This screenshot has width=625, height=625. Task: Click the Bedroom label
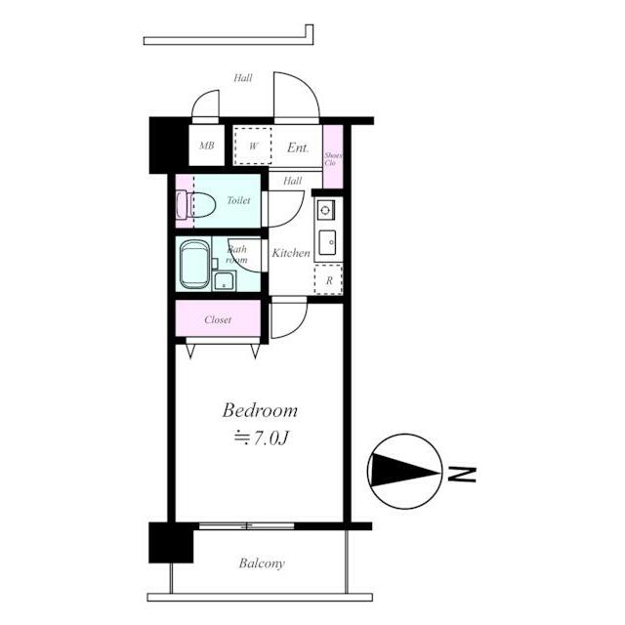coord(260,410)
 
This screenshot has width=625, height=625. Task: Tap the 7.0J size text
coord(261,438)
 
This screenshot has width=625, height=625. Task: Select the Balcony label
coord(262,563)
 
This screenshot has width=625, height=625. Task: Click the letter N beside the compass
coord(462,474)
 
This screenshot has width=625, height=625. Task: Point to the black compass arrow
coord(403,471)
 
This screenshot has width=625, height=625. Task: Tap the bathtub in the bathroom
coord(194,264)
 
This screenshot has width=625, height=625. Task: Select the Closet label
coord(218,319)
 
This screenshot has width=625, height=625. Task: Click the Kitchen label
coord(291,253)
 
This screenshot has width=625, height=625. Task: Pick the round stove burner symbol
coord(325,210)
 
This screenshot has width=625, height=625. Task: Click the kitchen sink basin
coord(328,243)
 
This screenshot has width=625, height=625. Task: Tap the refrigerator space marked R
coord(328,280)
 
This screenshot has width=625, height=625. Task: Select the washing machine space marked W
coord(253,146)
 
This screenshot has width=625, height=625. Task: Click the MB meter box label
coord(206,146)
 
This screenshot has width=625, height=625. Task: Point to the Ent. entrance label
coord(298,147)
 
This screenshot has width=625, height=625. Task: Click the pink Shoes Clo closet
coord(333,156)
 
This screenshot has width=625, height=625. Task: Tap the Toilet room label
coord(238,200)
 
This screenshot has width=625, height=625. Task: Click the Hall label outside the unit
coord(243,78)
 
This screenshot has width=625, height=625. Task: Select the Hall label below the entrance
coord(293,181)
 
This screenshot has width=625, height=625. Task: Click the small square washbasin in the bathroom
coord(225,281)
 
